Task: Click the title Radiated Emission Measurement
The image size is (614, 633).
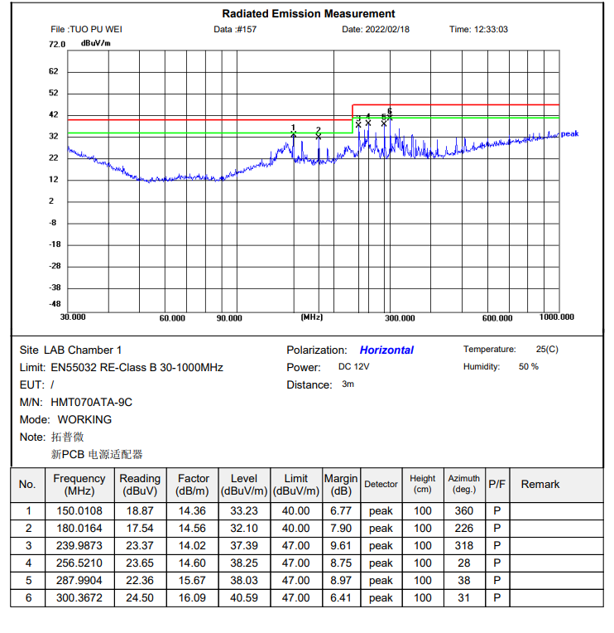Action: pos(309,13)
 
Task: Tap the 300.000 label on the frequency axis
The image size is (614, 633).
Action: pos(400,318)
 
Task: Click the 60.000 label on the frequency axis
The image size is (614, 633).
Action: pos(172,318)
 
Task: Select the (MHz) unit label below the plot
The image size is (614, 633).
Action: pos(312,317)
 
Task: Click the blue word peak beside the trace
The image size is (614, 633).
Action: pos(569,133)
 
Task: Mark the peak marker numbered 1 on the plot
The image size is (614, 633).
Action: pos(294,134)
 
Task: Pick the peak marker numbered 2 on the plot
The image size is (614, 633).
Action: pos(319,136)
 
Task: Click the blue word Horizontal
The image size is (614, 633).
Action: pos(386,350)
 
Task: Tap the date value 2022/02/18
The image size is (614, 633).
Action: pos(387,29)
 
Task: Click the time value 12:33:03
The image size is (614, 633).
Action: pos(490,29)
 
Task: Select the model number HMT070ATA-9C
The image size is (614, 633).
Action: pos(91,403)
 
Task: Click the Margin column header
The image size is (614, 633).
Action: pos(341,485)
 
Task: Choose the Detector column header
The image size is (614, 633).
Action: pos(381,485)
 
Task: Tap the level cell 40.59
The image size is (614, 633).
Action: pos(244,597)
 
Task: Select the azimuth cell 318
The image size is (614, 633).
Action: pos(464,546)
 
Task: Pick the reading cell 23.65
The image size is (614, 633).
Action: pos(140,563)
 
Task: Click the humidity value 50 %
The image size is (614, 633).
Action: pos(528,367)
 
